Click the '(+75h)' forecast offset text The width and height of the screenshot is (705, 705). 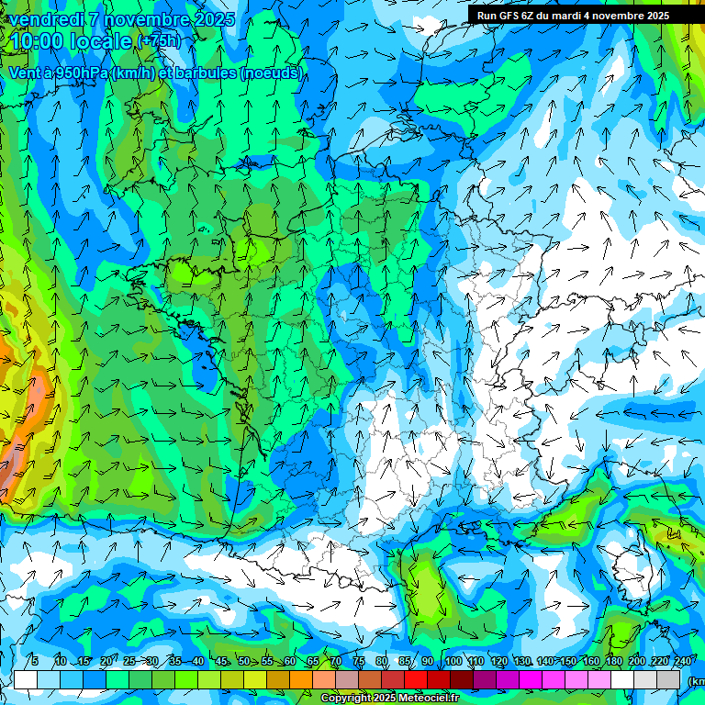[x=159, y=41]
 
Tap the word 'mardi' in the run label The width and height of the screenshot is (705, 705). [x=571, y=15]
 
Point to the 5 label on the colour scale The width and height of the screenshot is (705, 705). [x=34, y=661]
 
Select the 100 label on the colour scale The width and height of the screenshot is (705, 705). [x=453, y=661]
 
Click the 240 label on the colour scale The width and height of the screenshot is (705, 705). [x=682, y=661]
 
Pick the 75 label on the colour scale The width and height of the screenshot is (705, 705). [x=358, y=661]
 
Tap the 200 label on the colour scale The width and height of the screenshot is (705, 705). [x=636, y=661]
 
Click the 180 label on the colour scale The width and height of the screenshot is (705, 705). [x=613, y=661]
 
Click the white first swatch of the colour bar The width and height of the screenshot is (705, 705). [x=26, y=679]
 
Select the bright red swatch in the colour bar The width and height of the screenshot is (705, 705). [x=416, y=679]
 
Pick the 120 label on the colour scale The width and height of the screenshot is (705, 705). [x=498, y=661]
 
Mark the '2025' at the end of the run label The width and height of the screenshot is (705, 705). [x=657, y=15]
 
